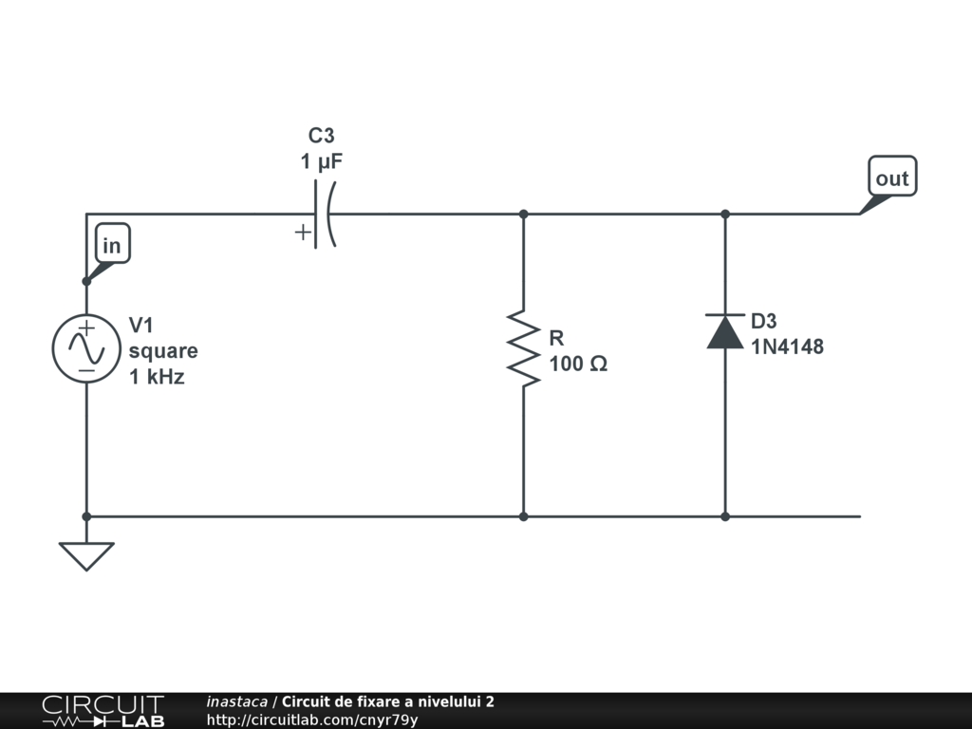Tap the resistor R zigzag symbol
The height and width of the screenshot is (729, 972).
[x=523, y=347]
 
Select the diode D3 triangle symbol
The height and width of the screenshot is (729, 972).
[x=725, y=331]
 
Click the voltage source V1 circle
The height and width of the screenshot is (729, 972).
[x=86, y=349]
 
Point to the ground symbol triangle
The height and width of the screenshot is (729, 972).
[x=86, y=554]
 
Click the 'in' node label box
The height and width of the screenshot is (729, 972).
[x=112, y=246]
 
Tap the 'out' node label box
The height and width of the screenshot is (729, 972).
[x=892, y=178]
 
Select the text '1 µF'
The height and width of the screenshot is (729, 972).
[x=322, y=162]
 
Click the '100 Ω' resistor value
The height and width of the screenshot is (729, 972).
[x=578, y=364]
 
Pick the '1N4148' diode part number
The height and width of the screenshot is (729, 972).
[x=788, y=347]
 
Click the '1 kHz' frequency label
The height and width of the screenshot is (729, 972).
[x=158, y=377]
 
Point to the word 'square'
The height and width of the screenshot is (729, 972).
[x=164, y=351]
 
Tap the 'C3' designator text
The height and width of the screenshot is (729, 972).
[x=322, y=137]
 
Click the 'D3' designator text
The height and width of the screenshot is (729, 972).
[x=764, y=322]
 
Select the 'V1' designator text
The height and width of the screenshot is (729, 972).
[x=140, y=326]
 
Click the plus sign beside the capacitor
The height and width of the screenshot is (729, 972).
[x=303, y=233]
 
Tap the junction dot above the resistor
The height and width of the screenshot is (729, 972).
[x=523, y=215]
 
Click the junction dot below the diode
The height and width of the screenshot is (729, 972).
[x=725, y=516]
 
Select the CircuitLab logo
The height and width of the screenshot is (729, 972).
[x=103, y=711]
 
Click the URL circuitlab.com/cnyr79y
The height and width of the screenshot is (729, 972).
[x=312, y=720]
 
